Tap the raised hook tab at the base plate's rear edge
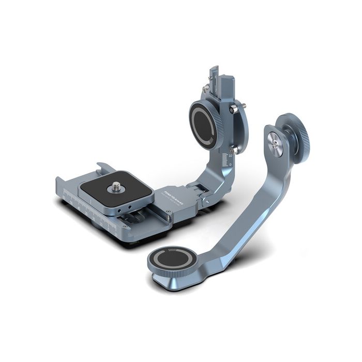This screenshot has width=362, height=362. coord(104,167)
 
